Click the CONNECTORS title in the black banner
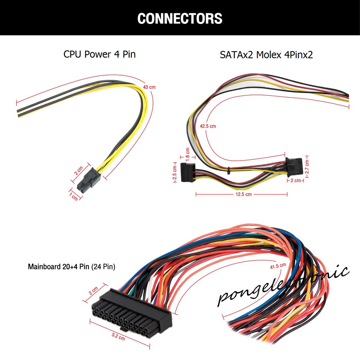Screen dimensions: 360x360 click(x=180, y=18)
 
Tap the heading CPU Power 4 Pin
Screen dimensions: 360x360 click(x=99, y=54)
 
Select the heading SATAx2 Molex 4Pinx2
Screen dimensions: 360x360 click(x=266, y=55)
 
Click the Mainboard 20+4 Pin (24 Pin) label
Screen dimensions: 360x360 click(x=71, y=267)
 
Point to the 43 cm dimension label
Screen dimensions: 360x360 click(x=149, y=87)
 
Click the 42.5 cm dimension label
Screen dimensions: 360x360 click(x=208, y=126)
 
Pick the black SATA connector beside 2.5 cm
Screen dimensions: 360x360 click(x=187, y=172)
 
